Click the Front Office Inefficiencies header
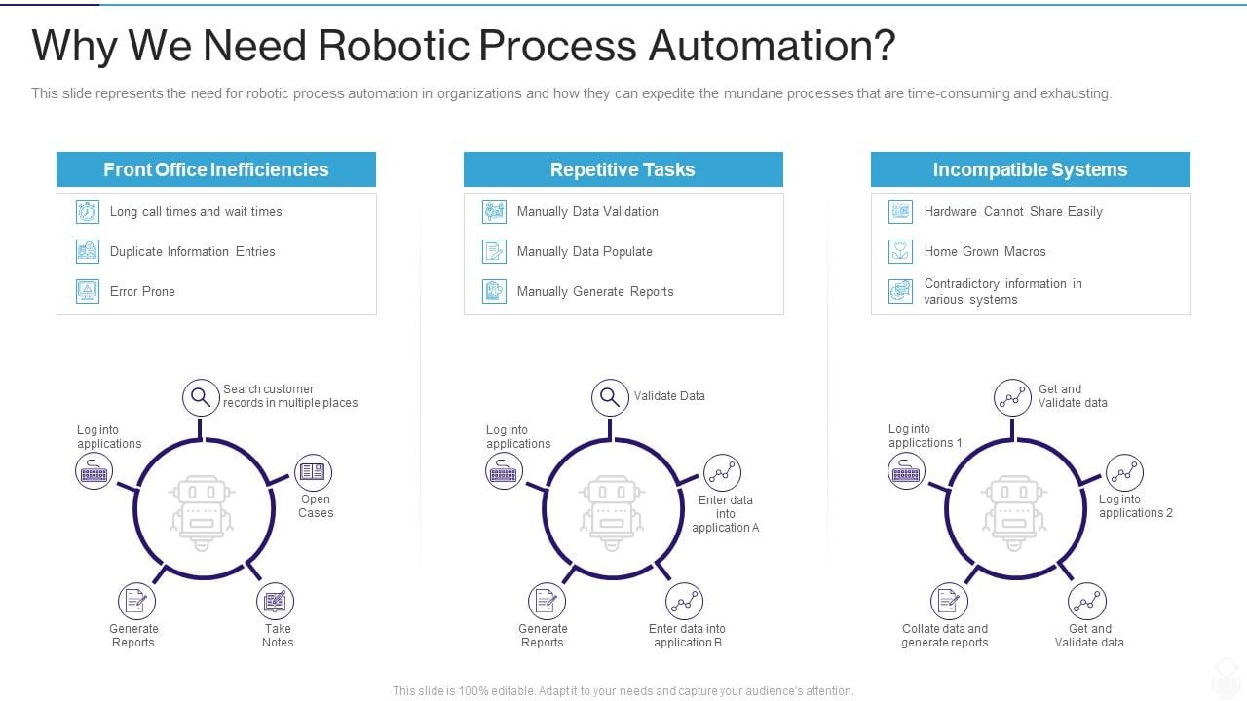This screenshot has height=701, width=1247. (x=215, y=169)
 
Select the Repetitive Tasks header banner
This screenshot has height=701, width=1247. (x=623, y=169)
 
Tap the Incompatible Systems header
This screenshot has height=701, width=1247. (x=1030, y=169)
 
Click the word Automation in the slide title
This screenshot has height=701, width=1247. (x=769, y=46)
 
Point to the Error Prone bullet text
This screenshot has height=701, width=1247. (x=142, y=291)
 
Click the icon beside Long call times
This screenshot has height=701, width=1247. (x=88, y=211)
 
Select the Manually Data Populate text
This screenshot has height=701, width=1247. (x=585, y=251)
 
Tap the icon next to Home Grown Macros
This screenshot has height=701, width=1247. (x=900, y=251)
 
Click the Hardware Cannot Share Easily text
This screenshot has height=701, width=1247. (x=1013, y=211)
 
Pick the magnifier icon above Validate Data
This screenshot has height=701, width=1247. (x=610, y=397)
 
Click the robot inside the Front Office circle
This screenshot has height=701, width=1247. (x=202, y=507)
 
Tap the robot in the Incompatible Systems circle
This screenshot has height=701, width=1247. (x=1014, y=507)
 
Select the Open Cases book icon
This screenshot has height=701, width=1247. (x=313, y=472)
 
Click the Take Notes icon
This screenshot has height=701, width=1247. (x=276, y=602)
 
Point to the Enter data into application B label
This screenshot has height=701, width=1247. (x=687, y=635)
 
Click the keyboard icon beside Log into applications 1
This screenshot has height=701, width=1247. (x=906, y=471)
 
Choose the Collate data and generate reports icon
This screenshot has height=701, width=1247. (x=948, y=602)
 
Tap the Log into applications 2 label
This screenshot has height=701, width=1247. (x=1135, y=506)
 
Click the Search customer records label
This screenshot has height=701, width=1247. (x=289, y=395)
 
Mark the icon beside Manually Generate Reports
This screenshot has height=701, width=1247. (x=495, y=291)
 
